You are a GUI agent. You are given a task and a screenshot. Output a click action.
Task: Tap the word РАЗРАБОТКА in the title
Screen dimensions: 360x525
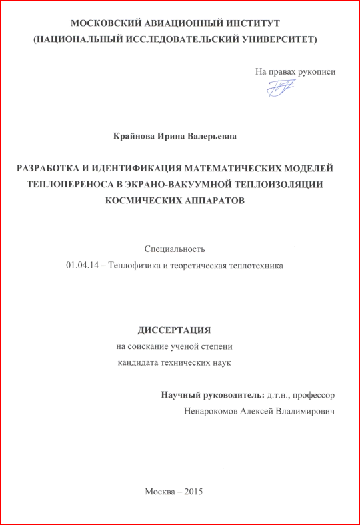coord(52,169)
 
